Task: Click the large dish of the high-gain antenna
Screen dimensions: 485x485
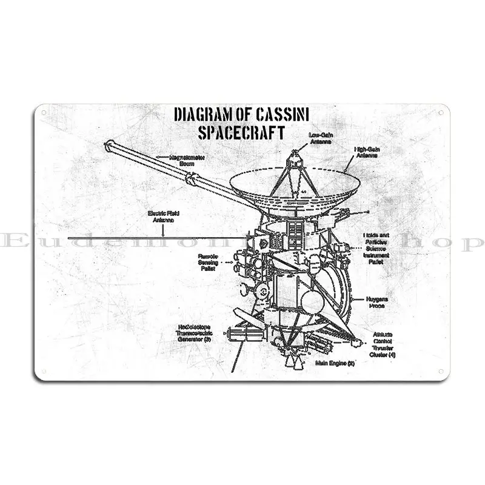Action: click(x=285, y=182)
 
